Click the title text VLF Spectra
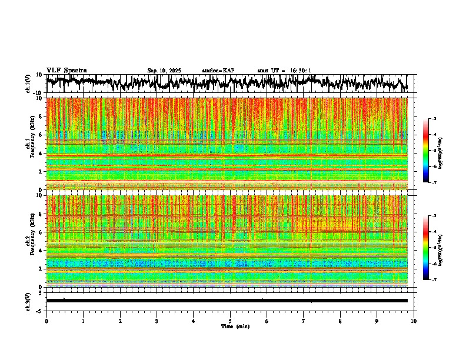(x=66, y=70)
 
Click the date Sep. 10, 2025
(x=164, y=71)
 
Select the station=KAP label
(x=218, y=71)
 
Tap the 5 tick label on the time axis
(x=230, y=321)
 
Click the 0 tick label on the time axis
(x=46, y=321)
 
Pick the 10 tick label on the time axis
(x=414, y=321)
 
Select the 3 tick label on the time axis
(x=157, y=321)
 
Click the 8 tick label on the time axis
(x=340, y=321)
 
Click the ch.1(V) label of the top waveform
(x=28, y=84)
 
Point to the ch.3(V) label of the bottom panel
(x=28, y=300)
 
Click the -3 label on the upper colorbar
(x=434, y=119)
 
